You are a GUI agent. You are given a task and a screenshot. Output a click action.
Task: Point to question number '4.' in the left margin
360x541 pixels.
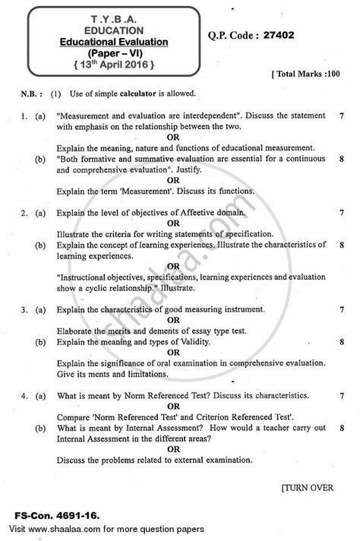click(26, 395)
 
